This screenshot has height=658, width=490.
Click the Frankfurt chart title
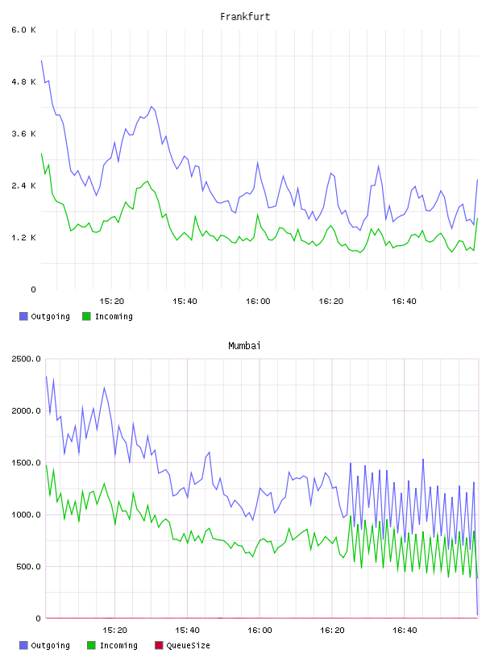click(x=245, y=17)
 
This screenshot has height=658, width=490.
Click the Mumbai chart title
click(x=244, y=346)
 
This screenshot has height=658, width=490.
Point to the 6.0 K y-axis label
click(x=23, y=30)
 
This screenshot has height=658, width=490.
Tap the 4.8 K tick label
click(x=23, y=81)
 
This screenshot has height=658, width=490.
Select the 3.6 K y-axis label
click(x=23, y=134)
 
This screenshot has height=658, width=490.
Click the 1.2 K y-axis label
click(x=23, y=238)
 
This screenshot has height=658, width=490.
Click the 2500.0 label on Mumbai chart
click(x=26, y=359)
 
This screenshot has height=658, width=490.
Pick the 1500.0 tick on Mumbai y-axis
click(x=26, y=463)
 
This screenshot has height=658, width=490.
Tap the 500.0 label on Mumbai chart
click(x=28, y=567)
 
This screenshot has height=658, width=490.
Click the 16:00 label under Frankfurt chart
click(x=258, y=302)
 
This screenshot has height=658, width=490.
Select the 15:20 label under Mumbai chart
click(x=115, y=631)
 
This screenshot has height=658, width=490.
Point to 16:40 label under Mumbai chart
click(x=405, y=631)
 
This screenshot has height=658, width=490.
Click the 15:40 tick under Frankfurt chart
click(x=185, y=302)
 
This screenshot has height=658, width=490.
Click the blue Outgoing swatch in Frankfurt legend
click(x=23, y=316)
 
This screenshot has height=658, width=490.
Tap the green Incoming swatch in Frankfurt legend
click(x=86, y=316)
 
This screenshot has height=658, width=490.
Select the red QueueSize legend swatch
click(x=159, y=645)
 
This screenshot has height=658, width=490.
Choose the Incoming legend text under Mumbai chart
click(x=118, y=645)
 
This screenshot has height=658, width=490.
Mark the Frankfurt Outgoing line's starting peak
click(x=42, y=60)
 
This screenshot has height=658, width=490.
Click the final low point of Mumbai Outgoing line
click(x=477, y=614)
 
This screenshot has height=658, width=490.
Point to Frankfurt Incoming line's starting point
click(x=42, y=153)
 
